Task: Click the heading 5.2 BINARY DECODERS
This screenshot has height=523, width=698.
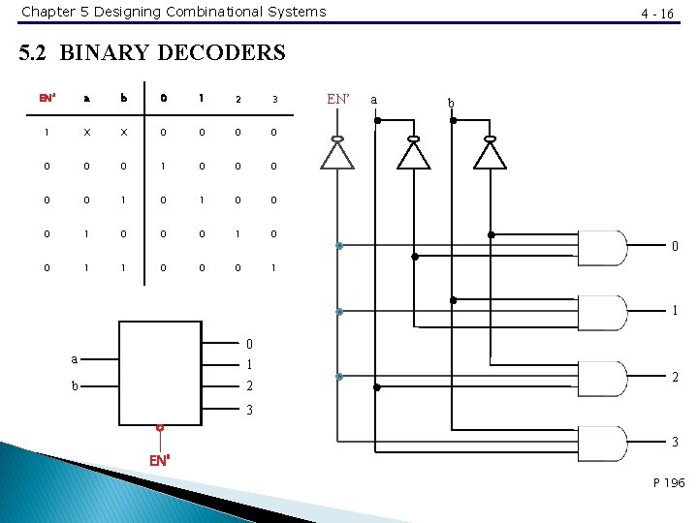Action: click(x=153, y=52)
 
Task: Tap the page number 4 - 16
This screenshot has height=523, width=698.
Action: click(x=658, y=14)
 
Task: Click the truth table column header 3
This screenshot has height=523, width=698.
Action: click(x=274, y=98)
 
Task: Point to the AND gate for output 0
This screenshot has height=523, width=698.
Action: click(x=601, y=248)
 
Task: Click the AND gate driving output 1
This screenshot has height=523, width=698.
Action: click(x=601, y=313)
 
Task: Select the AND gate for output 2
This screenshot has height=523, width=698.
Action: click(x=601, y=379)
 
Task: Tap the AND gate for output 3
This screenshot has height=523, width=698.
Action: click(x=601, y=444)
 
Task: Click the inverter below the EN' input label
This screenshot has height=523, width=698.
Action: click(x=338, y=154)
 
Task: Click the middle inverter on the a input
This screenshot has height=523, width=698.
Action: click(x=415, y=154)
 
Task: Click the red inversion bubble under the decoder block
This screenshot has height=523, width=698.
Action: click(x=160, y=427)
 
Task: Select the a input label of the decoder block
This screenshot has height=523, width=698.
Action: click(x=75, y=358)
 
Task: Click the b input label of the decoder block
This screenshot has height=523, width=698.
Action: click(x=75, y=385)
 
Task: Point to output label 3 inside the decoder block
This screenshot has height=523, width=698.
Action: click(x=249, y=410)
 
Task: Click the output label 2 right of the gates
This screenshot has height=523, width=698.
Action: click(x=675, y=378)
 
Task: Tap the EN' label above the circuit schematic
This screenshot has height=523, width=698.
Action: click(x=338, y=98)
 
